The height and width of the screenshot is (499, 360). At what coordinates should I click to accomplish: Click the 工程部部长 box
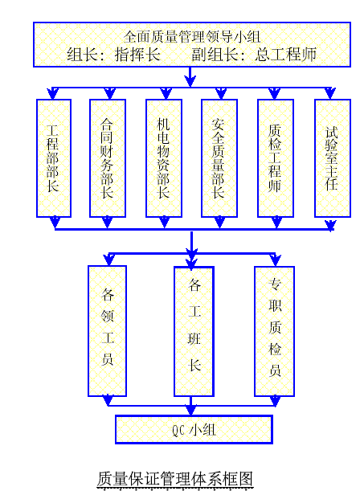point(54,158)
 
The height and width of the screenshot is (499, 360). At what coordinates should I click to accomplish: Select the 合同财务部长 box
point(108,158)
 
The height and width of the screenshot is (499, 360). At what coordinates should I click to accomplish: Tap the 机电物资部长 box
point(164,158)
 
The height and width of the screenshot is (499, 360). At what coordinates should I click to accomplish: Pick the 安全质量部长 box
point(219,158)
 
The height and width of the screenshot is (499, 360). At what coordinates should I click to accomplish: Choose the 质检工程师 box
point(276,158)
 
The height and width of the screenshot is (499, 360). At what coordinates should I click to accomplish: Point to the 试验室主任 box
point(333,158)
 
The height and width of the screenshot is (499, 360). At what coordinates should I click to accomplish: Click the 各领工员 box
point(107,331)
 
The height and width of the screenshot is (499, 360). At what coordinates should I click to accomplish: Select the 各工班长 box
point(194,331)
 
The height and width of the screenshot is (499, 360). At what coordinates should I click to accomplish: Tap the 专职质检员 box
point(274,331)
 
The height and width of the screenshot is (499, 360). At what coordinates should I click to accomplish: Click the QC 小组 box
point(194,429)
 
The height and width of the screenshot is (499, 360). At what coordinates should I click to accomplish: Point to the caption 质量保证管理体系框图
point(175,479)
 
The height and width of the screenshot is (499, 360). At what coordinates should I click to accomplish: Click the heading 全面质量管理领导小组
point(192,37)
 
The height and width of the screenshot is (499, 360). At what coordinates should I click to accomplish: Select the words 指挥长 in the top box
point(137,54)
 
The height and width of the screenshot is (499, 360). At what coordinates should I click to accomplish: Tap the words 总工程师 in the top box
point(285,54)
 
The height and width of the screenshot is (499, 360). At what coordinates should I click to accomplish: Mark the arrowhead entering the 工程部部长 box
point(53,94)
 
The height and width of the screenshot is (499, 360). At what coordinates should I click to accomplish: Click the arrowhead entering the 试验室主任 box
point(330,93)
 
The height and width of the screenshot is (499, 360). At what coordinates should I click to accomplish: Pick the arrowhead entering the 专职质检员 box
point(276,260)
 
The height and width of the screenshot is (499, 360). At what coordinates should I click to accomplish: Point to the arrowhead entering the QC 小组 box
point(191,410)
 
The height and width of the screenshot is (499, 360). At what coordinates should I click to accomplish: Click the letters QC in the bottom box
point(178,430)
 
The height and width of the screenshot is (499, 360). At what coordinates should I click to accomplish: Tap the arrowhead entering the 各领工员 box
point(108,260)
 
